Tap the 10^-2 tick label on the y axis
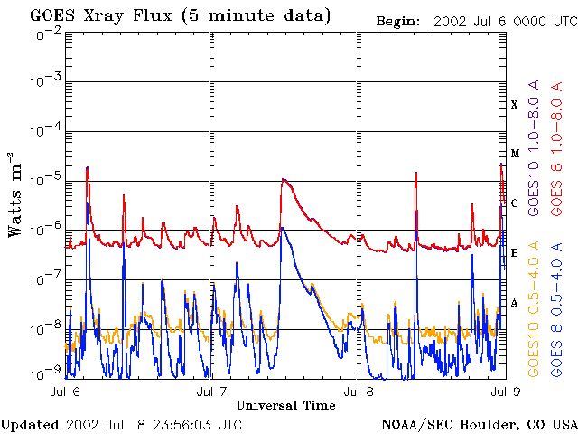tap(44, 33)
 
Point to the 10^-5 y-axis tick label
tap(44, 181)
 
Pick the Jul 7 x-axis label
tap(212, 392)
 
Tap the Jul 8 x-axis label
tap(359, 392)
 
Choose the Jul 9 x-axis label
tap(503, 392)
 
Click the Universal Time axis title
tap(285, 405)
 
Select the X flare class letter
tap(515, 105)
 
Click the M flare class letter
tap(515, 154)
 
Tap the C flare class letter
tap(515, 203)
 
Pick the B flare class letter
tap(515, 252)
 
